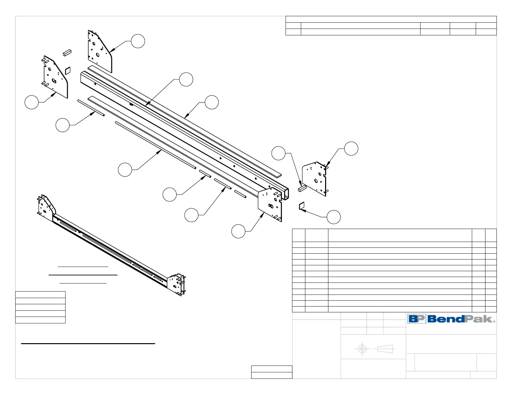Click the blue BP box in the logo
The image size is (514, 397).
point(417,319)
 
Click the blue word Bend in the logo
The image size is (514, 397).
point(446,319)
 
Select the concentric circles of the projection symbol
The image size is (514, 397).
point(362,349)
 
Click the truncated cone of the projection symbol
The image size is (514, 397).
point(385,349)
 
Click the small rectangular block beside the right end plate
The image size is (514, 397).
point(302,188)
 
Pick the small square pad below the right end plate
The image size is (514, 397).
point(301,206)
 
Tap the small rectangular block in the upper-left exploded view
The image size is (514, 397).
point(67,53)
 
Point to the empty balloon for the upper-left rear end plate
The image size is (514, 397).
point(138,41)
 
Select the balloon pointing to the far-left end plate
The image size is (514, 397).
point(31,102)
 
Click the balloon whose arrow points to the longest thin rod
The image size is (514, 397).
point(125,170)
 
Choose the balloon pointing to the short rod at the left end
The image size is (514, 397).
point(63,125)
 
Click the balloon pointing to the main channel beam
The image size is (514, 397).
point(186,79)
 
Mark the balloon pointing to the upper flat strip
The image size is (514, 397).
point(212,102)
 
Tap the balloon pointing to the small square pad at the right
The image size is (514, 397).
point(334,217)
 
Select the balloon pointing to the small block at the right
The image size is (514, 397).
point(278,153)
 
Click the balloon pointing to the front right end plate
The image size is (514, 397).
point(239,231)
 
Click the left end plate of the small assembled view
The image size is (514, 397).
point(46,208)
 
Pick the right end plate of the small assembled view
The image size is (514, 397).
point(177,283)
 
